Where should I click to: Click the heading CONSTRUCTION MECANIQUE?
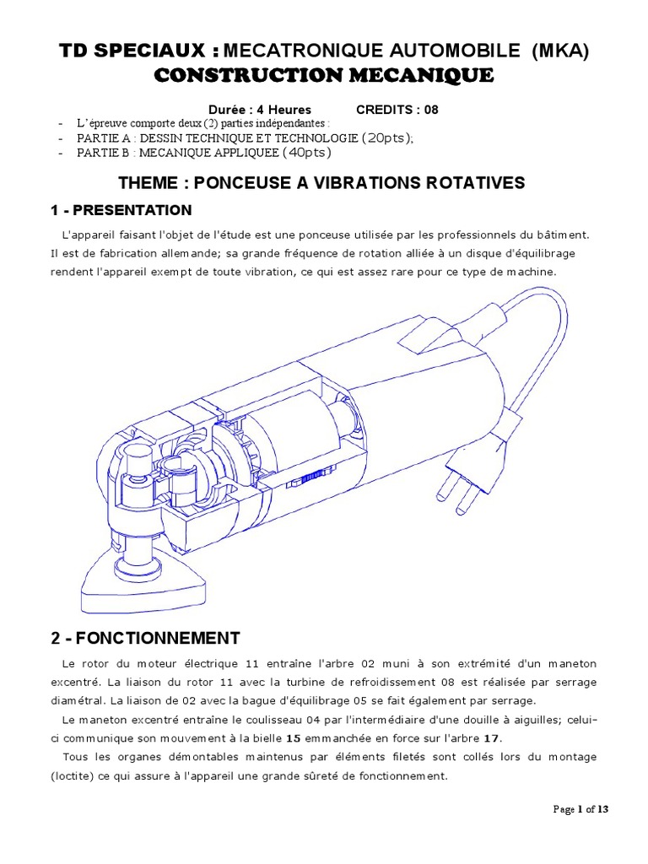(x=324, y=76)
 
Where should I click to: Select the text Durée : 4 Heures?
(x=260, y=110)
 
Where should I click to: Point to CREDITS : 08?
(x=397, y=110)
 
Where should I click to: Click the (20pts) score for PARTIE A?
(x=386, y=138)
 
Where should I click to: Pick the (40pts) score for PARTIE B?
(x=305, y=153)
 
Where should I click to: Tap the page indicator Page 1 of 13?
(x=580, y=809)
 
